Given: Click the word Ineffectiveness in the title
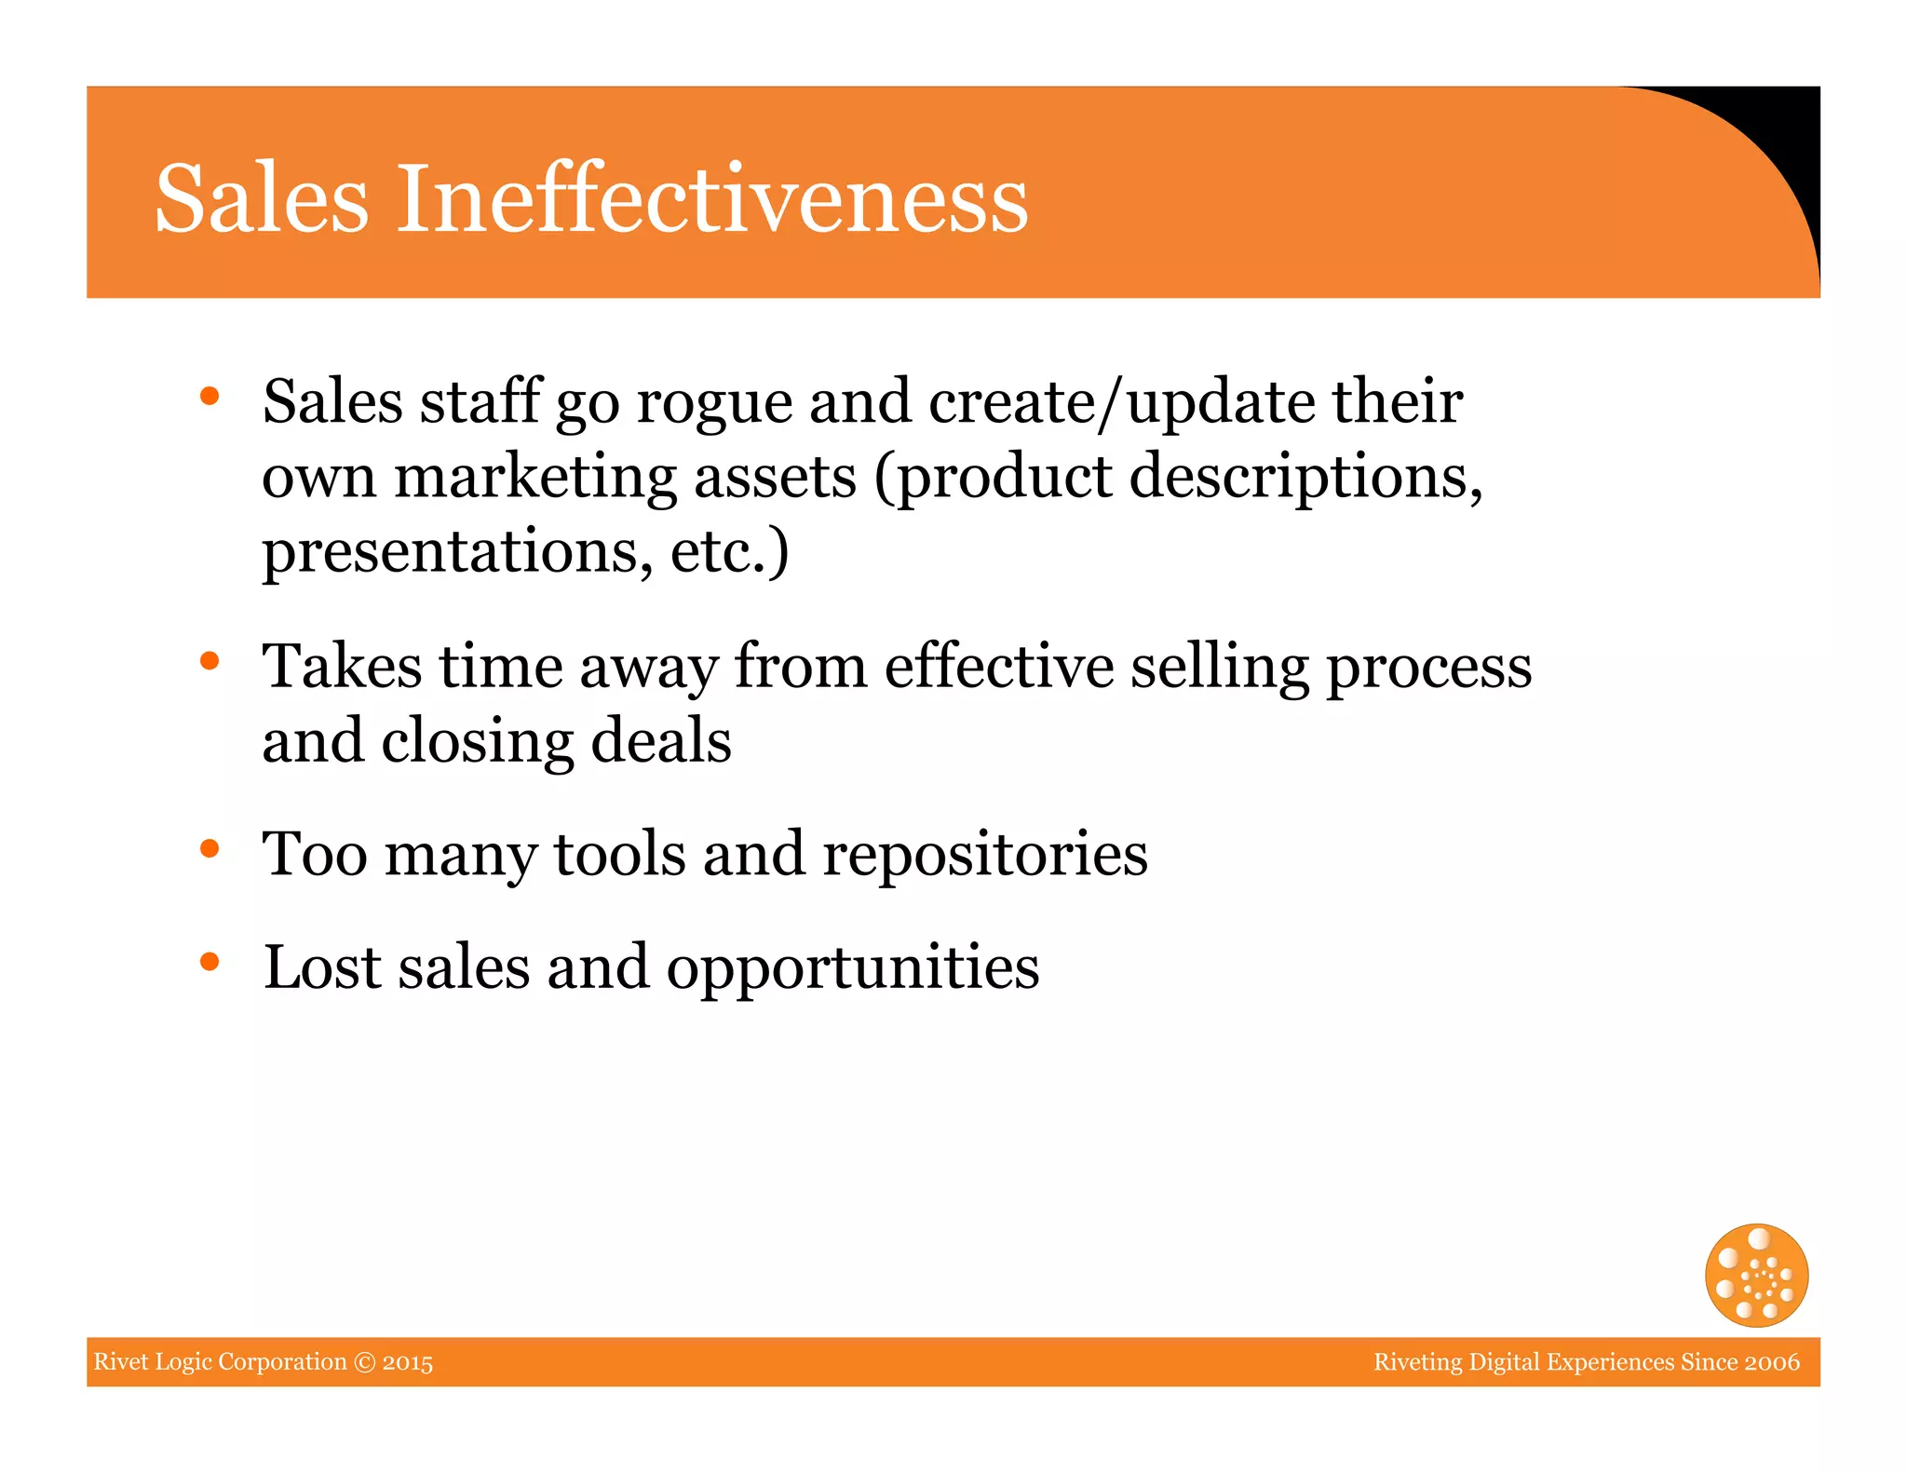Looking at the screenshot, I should click(712, 198).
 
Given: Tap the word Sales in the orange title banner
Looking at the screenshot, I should click(262, 198).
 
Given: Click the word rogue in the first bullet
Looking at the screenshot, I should click(714, 403).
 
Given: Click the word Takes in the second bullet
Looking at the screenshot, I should click(342, 667).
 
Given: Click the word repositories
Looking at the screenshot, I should click(985, 855).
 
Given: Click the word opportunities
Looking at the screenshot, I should click(853, 968).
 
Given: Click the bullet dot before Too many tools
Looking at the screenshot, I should click(210, 848).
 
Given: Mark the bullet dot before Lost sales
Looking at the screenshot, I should click(210, 961).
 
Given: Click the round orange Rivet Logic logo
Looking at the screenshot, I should click(1756, 1275).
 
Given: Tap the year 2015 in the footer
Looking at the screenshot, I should click(408, 1362).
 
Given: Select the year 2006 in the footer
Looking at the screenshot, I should click(1771, 1362).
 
